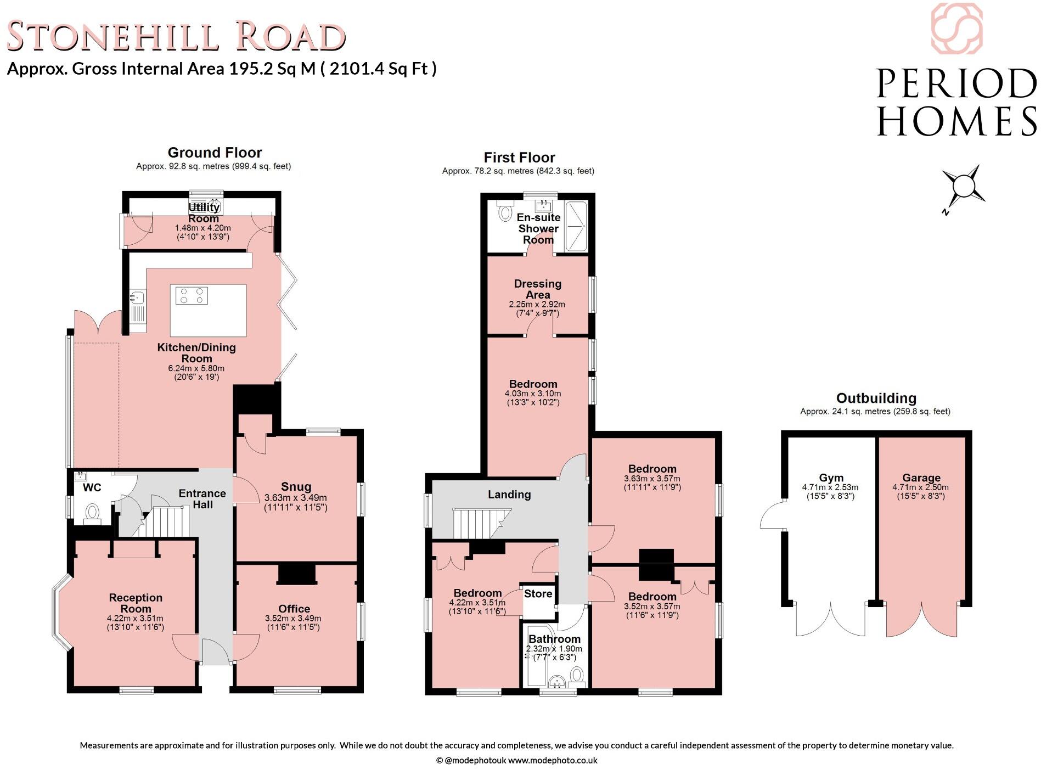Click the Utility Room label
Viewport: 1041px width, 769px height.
[204, 213]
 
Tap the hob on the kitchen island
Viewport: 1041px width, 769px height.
[192, 296]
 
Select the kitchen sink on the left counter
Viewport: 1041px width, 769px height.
[137, 299]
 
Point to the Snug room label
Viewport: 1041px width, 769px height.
[296, 486]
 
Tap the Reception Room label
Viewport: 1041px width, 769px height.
[136, 603]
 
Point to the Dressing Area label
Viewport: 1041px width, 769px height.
[537, 289]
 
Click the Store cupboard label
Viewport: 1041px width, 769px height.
[538, 593]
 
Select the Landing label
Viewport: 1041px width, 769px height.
[509, 495]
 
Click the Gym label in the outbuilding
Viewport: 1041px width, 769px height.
[830, 478]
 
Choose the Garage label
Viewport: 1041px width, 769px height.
[921, 478]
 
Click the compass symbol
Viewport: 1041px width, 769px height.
[963, 187]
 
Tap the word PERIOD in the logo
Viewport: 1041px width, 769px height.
[956, 83]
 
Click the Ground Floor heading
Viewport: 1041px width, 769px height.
[215, 152]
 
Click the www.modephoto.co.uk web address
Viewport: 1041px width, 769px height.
[553, 760]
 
